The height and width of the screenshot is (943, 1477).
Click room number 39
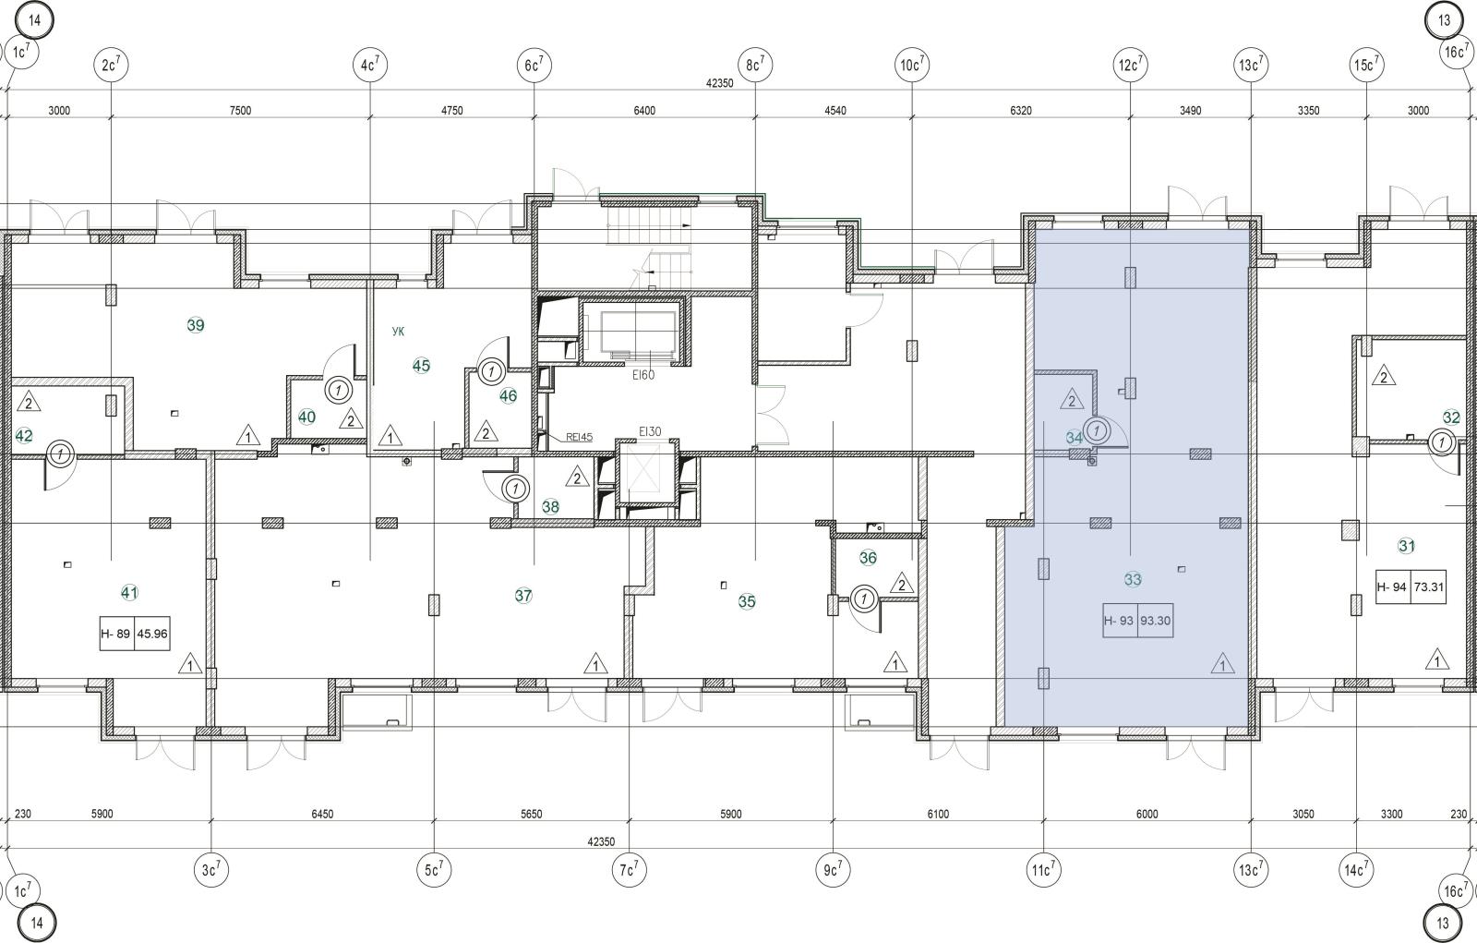(196, 325)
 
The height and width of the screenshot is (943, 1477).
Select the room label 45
(421, 365)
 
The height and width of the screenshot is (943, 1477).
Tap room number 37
(523, 595)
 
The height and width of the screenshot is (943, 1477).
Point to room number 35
(747, 601)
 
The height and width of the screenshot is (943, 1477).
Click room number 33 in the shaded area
(1133, 579)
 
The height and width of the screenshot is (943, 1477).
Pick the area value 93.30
(1155, 621)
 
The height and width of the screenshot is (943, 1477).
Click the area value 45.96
(152, 634)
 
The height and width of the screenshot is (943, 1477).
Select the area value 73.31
(1429, 586)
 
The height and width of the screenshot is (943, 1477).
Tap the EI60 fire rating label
(642, 375)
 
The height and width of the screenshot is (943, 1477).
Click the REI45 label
(579, 437)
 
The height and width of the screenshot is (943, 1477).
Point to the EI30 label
(650, 431)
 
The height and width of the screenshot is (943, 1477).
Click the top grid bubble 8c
(755, 65)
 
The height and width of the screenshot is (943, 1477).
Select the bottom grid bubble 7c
(629, 870)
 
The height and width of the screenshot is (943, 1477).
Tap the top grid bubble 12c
(1130, 65)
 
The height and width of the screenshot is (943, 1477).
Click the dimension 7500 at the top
(240, 110)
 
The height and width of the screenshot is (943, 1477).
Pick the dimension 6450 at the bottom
(322, 814)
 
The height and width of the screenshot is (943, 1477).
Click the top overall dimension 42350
(719, 83)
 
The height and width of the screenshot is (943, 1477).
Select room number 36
(868, 558)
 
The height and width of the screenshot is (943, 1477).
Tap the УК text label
(398, 332)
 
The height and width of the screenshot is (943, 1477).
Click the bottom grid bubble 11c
(1043, 870)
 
